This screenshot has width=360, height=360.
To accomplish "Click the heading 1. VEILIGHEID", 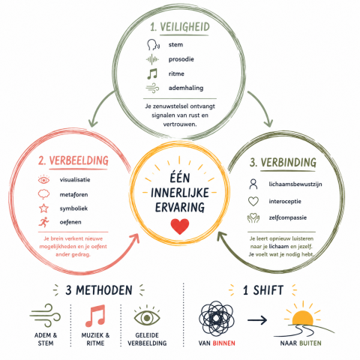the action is click(180, 27).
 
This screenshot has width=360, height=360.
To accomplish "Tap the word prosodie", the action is click(181, 59).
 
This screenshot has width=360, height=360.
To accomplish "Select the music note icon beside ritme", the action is click(152, 73).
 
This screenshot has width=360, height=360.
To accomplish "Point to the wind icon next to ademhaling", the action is click(152, 88).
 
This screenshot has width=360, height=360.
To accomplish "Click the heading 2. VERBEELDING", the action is click(73, 160).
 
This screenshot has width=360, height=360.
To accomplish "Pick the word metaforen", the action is click(73, 194).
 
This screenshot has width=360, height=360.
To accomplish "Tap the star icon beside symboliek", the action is click(43, 208).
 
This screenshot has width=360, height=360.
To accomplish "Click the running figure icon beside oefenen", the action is click(43, 222).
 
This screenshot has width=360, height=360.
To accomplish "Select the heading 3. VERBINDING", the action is click(283, 163).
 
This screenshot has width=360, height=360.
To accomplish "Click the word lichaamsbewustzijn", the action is click(295, 184).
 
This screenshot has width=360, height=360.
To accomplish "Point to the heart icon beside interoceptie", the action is click(253, 201).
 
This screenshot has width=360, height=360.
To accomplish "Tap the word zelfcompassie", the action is click(288, 217).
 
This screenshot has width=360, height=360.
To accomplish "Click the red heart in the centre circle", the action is click(180, 226).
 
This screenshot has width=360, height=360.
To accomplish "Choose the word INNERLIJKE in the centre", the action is click(180, 193).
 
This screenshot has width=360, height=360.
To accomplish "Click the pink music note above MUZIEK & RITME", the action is click(95, 316).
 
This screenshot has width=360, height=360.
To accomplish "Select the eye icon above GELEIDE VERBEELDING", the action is click(147, 316).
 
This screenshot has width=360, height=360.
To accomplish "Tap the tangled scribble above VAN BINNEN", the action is click(217, 318).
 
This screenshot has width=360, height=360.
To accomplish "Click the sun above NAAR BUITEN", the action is click(302, 316).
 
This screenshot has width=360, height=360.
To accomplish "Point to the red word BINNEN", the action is click(224, 343).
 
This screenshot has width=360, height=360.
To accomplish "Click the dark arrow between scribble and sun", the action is click(257, 320).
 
